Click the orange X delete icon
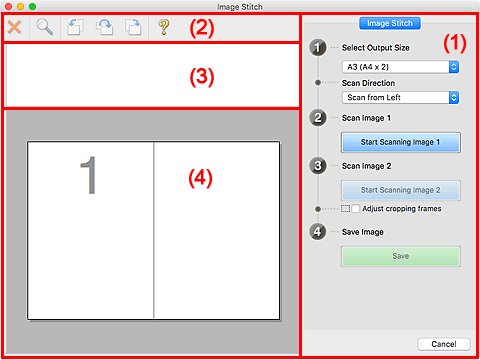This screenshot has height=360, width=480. tap(14, 27)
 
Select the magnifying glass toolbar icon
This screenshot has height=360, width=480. tap(44, 27)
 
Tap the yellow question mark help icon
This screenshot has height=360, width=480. tap(164, 27)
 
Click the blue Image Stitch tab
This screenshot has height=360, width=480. tap(390, 23)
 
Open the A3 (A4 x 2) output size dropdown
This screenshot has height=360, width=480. tap(400, 67)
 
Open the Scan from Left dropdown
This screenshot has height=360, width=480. tap(400, 97)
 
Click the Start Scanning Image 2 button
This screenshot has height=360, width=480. tap(401, 190)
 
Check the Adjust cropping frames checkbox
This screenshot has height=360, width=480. tap(355, 209)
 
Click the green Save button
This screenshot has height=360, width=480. tap(401, 256)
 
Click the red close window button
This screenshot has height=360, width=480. tap(8, 6)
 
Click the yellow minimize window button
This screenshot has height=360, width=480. tap(20, 6)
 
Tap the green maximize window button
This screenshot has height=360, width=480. tap(32, 6)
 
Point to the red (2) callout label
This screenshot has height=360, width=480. tap(202, 28)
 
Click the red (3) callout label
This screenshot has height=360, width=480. tap(202, 77)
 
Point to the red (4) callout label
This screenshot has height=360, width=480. tap(200, 178)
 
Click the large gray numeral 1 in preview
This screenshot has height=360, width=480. tap(88, 175)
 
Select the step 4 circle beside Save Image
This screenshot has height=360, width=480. tap(317, 232)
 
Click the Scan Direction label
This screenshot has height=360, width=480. tap(368, 83)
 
